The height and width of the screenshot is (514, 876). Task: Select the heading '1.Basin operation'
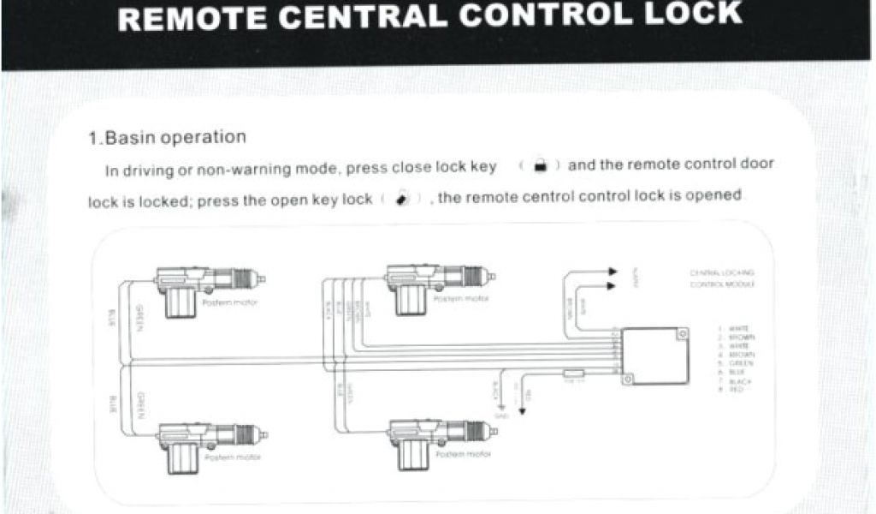(x=168, y=137)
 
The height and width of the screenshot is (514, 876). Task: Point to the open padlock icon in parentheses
(x=401, y=199)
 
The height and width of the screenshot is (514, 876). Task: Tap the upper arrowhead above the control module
(x=613, y=272)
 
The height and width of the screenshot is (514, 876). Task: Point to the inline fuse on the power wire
(x=573, y=374)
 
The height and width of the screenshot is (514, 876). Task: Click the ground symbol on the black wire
(x=501, y=405)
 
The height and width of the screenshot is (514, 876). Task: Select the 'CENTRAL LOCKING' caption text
(x=721, y=272)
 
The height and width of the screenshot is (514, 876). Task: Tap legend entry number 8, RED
(x=734, y=390)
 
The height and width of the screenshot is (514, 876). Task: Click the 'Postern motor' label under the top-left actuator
(x=229, y=303)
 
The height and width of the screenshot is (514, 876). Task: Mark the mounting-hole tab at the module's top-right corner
(x=682, y=332)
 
